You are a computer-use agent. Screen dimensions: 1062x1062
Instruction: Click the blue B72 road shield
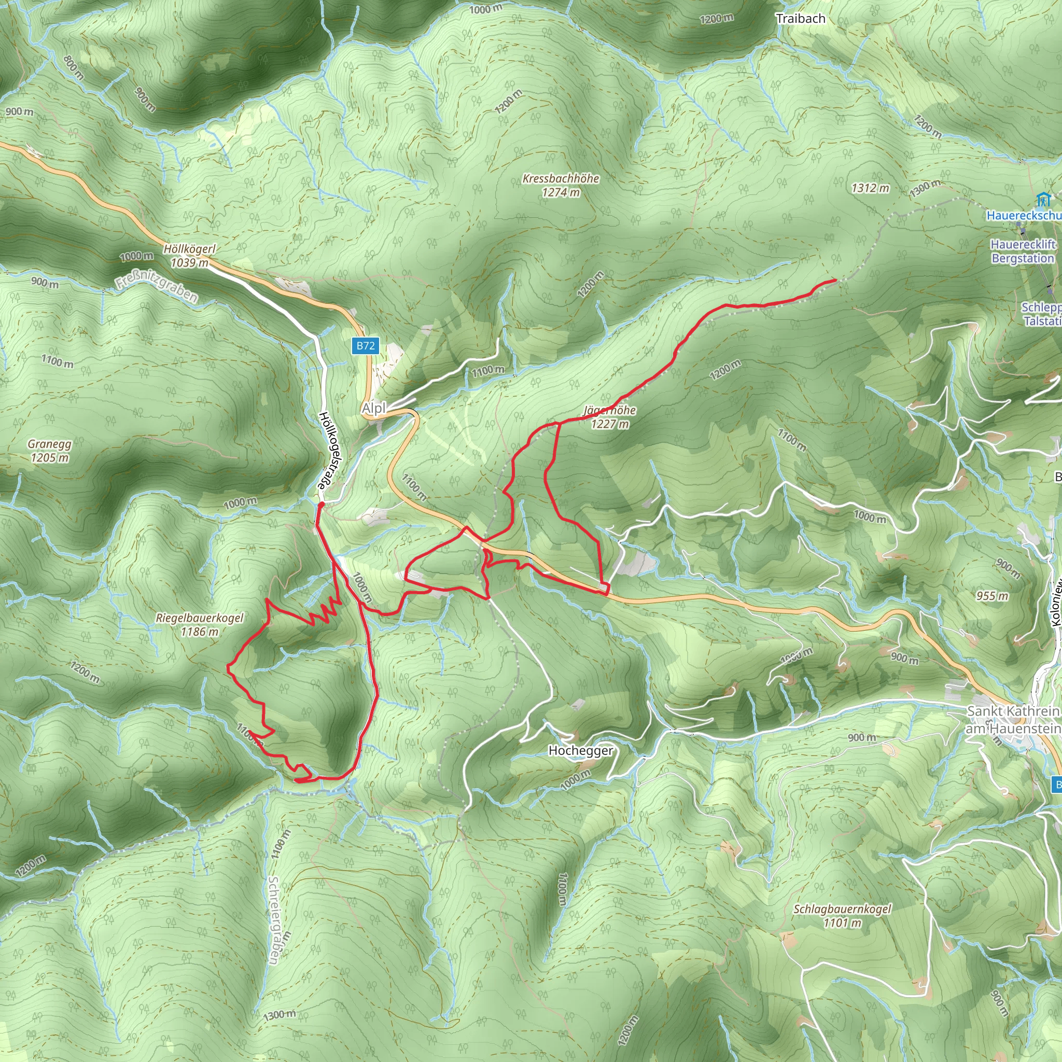366,345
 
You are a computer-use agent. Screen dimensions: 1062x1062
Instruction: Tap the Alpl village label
374,409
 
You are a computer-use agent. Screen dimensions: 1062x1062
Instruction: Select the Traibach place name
800,19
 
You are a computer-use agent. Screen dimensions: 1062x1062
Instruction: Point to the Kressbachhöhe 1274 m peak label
561,185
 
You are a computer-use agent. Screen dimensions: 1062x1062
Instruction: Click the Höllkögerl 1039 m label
190,256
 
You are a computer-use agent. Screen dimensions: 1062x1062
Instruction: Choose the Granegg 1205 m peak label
49,451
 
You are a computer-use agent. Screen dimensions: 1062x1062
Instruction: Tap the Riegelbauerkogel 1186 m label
200,624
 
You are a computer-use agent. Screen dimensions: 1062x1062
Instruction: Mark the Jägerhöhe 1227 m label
610,417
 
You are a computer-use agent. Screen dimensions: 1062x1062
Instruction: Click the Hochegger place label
580,750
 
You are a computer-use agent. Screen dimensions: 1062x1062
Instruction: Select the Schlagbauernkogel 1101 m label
842,916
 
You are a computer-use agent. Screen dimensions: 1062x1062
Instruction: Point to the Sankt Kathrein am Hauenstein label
1013,720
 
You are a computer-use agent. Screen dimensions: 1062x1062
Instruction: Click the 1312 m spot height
870,188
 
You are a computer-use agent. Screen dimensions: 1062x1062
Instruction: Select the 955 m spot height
992,596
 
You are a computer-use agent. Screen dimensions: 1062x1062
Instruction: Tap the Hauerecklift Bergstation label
1023,251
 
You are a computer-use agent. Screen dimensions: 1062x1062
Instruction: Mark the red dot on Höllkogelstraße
321,504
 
